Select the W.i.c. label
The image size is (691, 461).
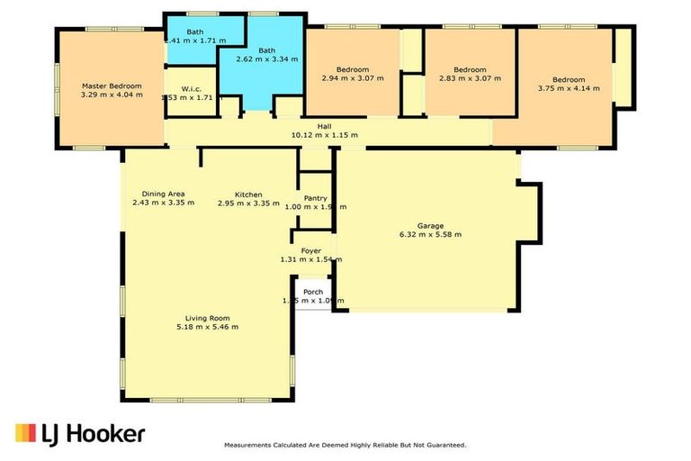(190, 88)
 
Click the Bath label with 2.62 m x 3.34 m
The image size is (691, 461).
(266, 50)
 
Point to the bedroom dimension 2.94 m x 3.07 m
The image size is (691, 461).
(353, 79)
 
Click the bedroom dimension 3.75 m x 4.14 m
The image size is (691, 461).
(568, 89)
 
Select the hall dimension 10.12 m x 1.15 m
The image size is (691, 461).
(325, 135)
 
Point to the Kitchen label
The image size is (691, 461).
(248, 194)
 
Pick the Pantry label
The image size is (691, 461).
(315, 198)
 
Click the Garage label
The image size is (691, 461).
(430, 225)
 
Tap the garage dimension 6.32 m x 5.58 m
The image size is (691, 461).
(430, 234)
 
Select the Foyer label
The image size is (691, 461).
(310, 250)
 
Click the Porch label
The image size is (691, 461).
(312, 291)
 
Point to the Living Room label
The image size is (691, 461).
(208, 317)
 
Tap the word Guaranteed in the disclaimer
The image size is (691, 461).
(444, 445)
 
